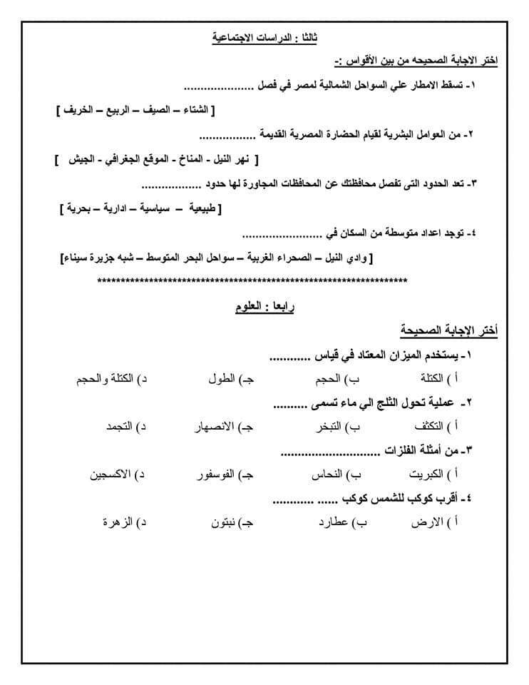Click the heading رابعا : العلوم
pos(264,308)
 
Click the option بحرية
pos(79,208)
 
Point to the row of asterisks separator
pos(252,281)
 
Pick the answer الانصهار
pos(215,427)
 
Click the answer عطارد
pos(334,522)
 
